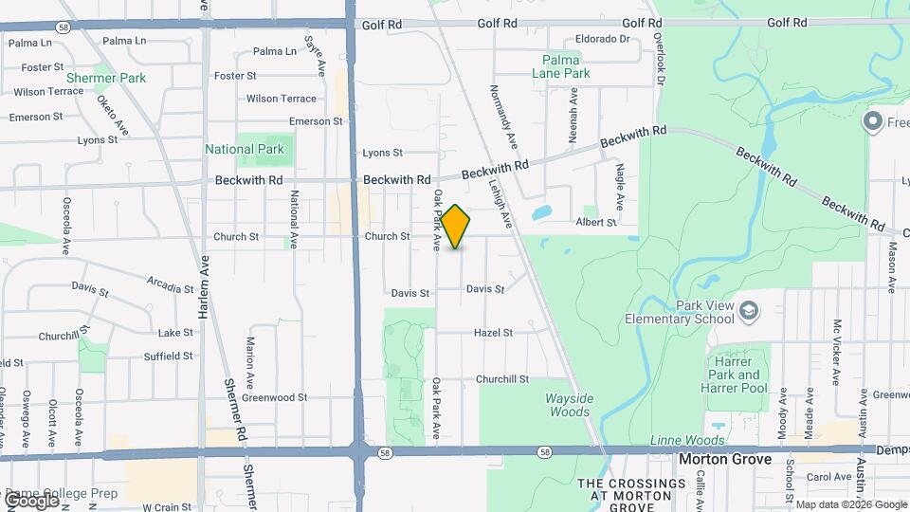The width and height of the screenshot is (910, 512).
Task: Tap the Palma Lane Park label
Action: pyautogui.click(x=567, y=65)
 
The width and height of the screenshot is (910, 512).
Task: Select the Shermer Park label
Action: pyautogui.click(x=106, y=78)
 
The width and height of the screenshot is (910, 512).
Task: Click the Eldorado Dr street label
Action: pyautogui.click(x=603, y=39)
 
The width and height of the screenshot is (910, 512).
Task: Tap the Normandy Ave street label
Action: pyautogui.click(x=503, y=117)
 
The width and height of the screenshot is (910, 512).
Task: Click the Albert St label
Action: pyautogui.click(x=596, y=222)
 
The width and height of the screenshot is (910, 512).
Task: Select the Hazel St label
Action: pyautogui.click(x=494, y=333)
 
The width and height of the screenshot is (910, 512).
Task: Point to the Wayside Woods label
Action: pyautogui.click(x=569, y=405)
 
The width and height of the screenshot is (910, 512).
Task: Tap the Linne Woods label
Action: pyautogui.click(x=687, y=440)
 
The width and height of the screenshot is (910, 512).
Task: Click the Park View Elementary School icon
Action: pyautogui.click(x=749, y=310)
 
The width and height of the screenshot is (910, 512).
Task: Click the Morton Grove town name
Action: pyautogui.click(x=727, y=460)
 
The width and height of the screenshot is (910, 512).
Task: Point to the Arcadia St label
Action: pyautogui.click(x=170, y=283)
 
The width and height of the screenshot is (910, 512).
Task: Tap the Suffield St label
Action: pyautogui.click(x=168, y=356)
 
